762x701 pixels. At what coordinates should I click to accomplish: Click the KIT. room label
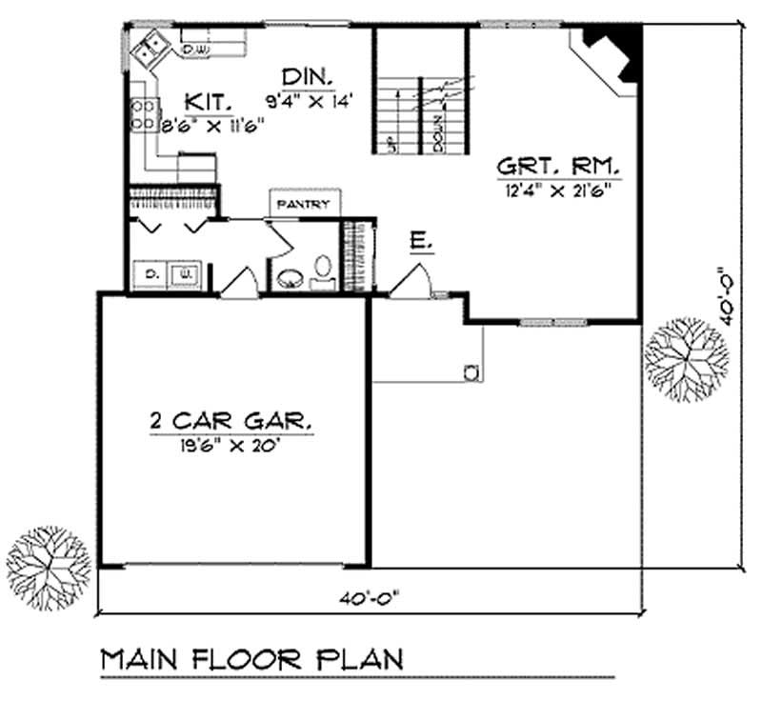(205, 100)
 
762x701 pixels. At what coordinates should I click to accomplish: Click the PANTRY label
(302, 205)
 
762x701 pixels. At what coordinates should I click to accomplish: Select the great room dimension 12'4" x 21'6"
(558, 189)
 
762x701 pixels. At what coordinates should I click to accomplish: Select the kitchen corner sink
(148, 49)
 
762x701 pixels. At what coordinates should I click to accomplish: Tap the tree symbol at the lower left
(50, 563)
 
